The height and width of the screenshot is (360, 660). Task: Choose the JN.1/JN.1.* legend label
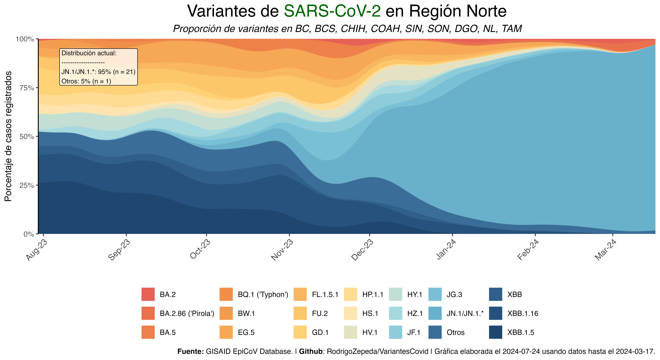[x=465, y=313]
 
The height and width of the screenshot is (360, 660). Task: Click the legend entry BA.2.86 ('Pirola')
[x=187, y=313]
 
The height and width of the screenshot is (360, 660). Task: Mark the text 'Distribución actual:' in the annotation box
[x=89, y=53]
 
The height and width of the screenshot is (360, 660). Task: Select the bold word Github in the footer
[x=311, y=351]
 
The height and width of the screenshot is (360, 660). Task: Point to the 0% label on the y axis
[x=29, y=234]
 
